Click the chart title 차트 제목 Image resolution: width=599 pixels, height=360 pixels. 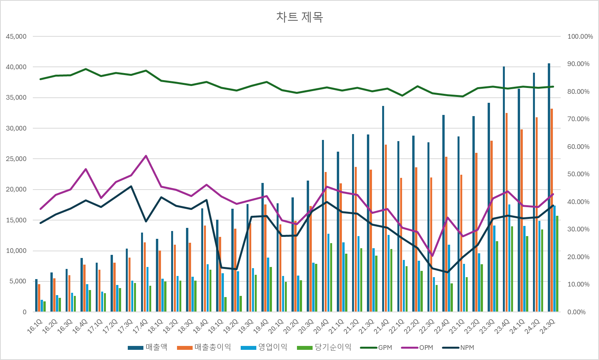tap(299, 17)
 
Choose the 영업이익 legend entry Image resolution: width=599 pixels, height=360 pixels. tap(264, 347)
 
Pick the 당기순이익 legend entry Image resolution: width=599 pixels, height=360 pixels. tap(324, 347)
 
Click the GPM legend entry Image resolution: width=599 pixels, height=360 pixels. tap(376, 347)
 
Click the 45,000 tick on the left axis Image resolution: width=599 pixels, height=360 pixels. tap(16, 37)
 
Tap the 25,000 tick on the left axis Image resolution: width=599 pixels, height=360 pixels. tap(16, 159)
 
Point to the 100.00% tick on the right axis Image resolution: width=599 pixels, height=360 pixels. tap(580, 37)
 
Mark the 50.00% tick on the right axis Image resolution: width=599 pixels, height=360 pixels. tap(578, 174)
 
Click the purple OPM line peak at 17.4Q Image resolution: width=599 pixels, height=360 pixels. tap(146, 156)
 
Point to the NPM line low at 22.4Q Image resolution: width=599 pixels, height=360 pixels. tap(448, 272)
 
